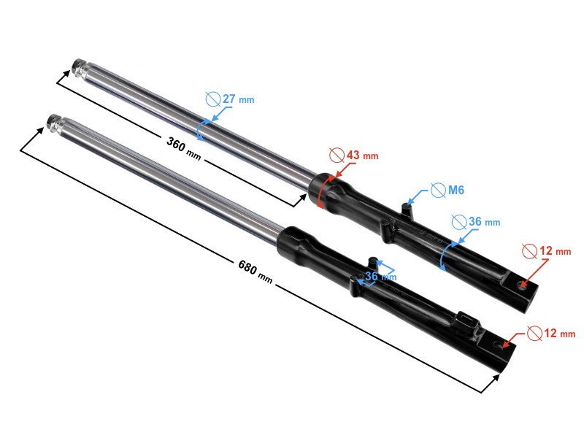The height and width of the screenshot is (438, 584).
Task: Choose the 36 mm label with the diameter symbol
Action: click(x=476, y=221)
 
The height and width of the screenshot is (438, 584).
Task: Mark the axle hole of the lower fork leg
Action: click(x=500, y=343)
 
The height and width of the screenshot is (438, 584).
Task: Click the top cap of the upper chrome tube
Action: click(x=78, y=69)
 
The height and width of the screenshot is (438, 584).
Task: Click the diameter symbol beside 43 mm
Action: click(x=337, y=155)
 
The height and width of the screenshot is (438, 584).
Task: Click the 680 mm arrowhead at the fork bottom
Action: click(x=498, y=377)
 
